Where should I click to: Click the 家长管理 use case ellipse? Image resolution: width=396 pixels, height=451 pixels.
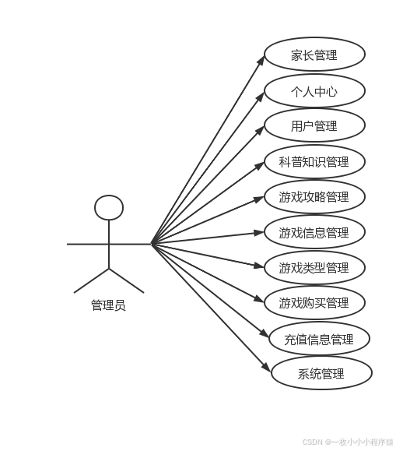click(x=314, y=55)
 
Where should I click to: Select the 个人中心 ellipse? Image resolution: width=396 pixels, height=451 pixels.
click(x=314, y=91)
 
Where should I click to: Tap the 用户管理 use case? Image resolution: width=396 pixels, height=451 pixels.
click(x=314, y=126)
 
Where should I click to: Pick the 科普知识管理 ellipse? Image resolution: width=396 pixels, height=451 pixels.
click(x=314, y=162)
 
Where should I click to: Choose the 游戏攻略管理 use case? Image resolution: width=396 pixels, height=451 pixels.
click(x=314, y=197)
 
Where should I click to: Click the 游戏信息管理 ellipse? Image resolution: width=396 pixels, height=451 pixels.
click(x=314, y=232)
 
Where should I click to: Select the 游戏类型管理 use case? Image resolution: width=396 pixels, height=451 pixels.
click(x=314, y=268)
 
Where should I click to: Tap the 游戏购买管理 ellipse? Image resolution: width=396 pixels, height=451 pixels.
click(x=314, y=303)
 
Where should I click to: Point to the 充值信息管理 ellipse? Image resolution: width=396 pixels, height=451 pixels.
click(x=319, y=339)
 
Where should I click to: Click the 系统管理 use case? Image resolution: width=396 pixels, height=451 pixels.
click(x=321, y=373)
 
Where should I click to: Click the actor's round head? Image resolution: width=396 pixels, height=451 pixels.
click(x=109, y=208)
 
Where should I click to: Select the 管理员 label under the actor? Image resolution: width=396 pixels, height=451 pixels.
click(x=108, y=305)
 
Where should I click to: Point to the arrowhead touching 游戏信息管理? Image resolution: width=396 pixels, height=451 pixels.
click(x=260, y=231)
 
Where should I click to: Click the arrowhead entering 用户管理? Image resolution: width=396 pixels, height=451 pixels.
click(x=261, y=129)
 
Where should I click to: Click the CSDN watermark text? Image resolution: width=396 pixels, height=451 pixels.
click(x=347, y=441)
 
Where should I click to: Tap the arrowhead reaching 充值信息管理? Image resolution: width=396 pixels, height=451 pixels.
click(x=265, y=335)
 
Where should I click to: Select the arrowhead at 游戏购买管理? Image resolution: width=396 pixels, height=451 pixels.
click(x=261, y=300)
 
